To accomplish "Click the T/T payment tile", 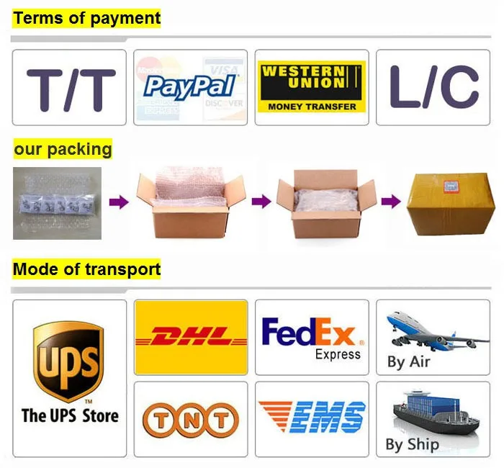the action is pos(69,88).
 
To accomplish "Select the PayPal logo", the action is pos(190,86).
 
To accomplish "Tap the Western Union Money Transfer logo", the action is pos(311,86).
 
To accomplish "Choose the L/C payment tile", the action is pos(434,88).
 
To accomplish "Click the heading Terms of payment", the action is pos(87,18).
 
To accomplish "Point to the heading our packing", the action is pos(63,150).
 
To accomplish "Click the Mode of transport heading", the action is pos(86,270).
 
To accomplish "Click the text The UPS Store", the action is pos(69,415).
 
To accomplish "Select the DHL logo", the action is pos(191,336).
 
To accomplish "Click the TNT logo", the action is pos(190,419).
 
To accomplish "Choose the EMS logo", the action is pos(311,418).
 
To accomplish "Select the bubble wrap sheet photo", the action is pos(56,204).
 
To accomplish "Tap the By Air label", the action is pos(408,361).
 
